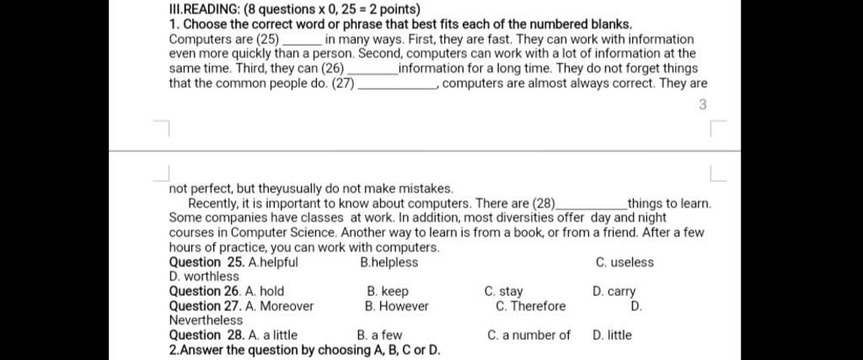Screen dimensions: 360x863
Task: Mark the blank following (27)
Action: [x=397, y=84]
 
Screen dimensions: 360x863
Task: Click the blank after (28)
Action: [x=592, y=204]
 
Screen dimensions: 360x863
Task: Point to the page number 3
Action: [x=703, y=105]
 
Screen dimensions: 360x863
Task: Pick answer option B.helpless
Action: [x=389, y=262]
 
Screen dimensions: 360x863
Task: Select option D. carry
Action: [x=614, y=292]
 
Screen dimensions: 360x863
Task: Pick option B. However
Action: [x=391, y=306]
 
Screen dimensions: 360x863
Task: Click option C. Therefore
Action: [x=531, y=306]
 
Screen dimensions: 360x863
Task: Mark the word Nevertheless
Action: [x=206, y=320]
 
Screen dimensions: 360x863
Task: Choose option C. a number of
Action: [x=528, y=336]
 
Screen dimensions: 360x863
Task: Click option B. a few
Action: [x=379, y=336]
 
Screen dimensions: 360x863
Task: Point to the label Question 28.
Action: [x=206, y=336]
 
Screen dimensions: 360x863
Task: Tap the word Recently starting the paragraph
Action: [x=214, y=203]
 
